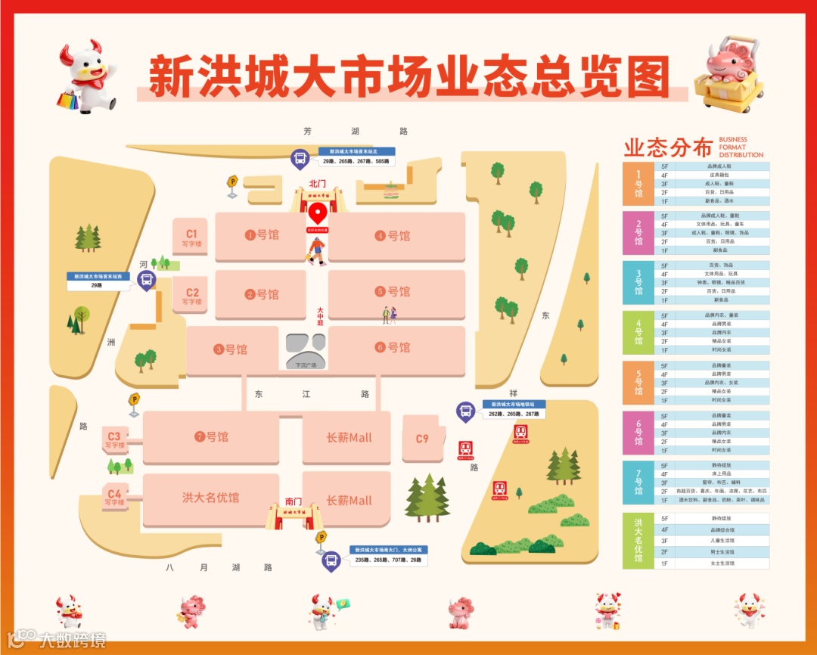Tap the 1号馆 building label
[262, 235]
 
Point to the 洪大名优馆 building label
[210, 498]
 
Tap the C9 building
[421, 439]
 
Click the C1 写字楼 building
[191, 237]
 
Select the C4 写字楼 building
[114, 498]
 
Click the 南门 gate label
[294, 501]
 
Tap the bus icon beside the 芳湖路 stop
[300, 159]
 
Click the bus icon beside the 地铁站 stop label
[465, 411]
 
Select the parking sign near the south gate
[321, 538]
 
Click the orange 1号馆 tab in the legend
[638, 184]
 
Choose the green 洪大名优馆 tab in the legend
[638, 541]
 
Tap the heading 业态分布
[668, 147]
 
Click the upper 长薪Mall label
[349, 438]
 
